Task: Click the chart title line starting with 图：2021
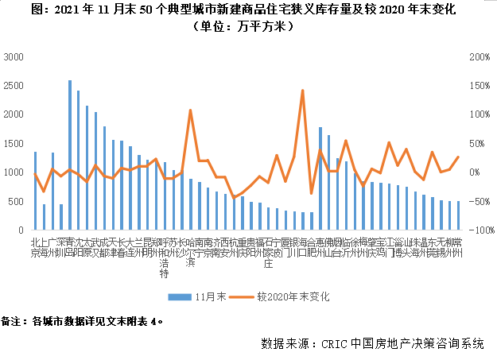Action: [x=248, y=10]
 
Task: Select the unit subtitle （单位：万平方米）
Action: [x=249, y=27]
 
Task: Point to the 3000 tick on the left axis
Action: [x=14, y=57]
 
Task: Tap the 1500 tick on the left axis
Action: [x=14, y=144]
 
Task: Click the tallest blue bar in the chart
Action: [x=70, y=155]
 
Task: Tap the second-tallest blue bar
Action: [x=78, y=160]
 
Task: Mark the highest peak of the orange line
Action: [x=303, y=91]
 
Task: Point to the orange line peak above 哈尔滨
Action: [x=190, y=110]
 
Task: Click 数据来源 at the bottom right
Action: [x=283, y=344]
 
